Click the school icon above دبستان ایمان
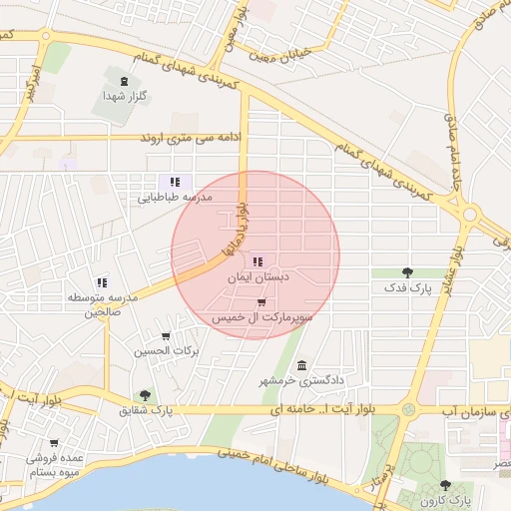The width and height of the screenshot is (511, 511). click(x=258, y=260)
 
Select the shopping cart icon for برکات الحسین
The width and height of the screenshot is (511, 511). click(x=166, y=336)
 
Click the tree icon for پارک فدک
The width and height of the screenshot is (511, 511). click(x=407, y=271)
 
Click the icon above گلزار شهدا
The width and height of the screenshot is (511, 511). click(x=123, y=81)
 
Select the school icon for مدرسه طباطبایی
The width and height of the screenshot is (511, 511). click(x=175, y=182)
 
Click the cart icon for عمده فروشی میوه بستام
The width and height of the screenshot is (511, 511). click(x=54, y=443)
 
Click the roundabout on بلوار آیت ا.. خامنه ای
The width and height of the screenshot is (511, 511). click(x=407, y=409)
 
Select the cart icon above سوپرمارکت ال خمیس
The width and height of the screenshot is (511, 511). click(x=261, y=302)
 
